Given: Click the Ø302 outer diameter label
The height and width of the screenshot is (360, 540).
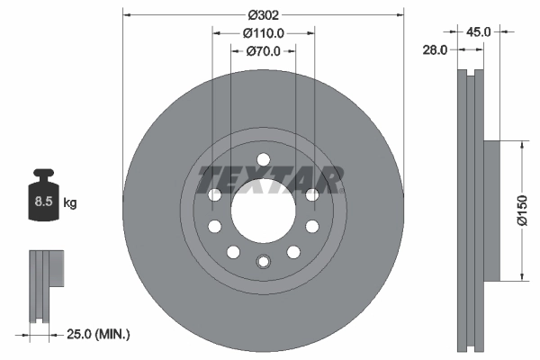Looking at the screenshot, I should coord(263,14).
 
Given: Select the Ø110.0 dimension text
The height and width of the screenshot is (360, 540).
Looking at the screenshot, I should coord(264,32).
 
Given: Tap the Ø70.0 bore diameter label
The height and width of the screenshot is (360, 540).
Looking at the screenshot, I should coord(264,51).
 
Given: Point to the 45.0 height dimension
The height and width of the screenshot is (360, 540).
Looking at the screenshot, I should coord(478,31).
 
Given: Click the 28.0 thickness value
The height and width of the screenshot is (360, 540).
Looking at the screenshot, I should coord(436,50).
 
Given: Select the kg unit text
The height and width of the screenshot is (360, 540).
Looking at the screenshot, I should coord(70,203).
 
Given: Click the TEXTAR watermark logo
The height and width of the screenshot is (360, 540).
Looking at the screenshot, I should coord(270,179).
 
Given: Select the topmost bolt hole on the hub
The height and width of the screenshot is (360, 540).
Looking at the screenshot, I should coord(263,160).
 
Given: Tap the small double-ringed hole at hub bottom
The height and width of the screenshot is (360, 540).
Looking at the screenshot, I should coord(263,262).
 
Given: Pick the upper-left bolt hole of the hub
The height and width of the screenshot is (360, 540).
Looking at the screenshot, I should coord(214,195).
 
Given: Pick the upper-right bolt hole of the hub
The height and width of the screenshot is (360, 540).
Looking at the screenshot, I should coord(311,195).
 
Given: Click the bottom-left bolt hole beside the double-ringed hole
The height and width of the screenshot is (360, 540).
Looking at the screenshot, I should coord(233,251).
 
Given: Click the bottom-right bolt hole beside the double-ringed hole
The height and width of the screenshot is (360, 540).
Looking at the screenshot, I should coord(292,251).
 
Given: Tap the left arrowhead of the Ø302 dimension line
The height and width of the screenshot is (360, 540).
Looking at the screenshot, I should coord(127,14).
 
